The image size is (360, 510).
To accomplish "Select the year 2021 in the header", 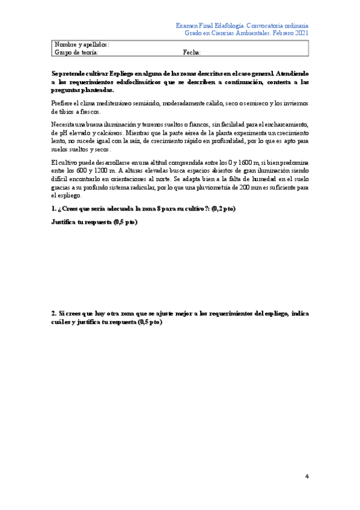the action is (301, 34).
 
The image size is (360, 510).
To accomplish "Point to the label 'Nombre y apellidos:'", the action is (82, 45).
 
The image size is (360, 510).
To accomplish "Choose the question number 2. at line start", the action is (54, 313).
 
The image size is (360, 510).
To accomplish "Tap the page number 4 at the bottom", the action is (307, 477).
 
